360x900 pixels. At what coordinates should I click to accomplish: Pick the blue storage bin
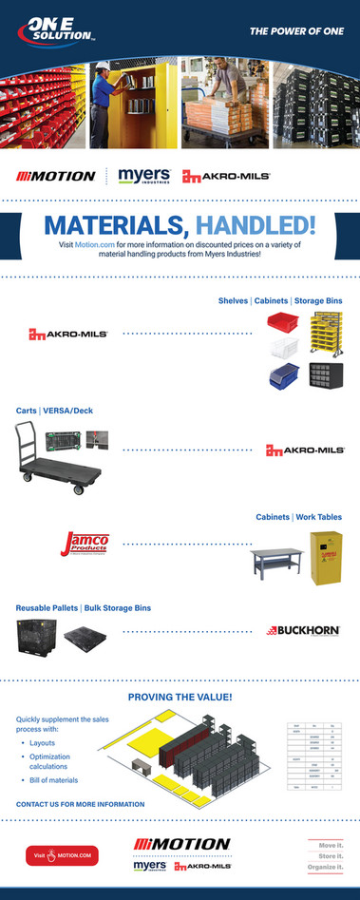[283, 374]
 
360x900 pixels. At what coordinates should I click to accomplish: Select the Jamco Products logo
[85, 545]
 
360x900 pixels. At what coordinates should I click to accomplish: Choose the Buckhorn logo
[304, 629]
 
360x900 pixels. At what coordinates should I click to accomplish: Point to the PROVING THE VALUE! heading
[180, 697]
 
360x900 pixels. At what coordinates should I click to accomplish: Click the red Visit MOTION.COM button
[63, 855]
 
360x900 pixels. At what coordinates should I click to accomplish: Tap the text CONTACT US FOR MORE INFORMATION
[80, 804]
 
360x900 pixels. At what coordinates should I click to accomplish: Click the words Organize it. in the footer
[324, 867]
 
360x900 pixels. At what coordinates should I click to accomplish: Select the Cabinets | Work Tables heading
[298, 517]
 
